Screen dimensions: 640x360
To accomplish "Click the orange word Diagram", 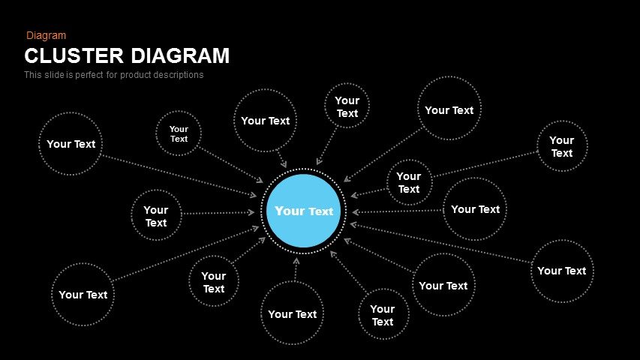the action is click(46, 35).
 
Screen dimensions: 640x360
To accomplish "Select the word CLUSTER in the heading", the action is click(74, 56).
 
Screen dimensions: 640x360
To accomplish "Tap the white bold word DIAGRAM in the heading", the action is click(180, 56).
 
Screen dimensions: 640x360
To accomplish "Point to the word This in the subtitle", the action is click(33, 75).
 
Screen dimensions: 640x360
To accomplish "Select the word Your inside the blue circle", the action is click(290, 211).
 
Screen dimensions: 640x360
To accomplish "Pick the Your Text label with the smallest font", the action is click(179, 134).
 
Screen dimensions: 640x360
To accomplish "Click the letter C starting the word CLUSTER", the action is click(32, 56).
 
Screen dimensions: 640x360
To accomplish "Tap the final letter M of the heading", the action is click(221, 56).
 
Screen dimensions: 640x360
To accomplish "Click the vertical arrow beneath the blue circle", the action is click(296, 269).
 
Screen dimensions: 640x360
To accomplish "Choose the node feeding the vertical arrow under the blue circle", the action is click(293, 313).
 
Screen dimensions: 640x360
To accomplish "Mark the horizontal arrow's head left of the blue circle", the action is click(251, 212).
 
